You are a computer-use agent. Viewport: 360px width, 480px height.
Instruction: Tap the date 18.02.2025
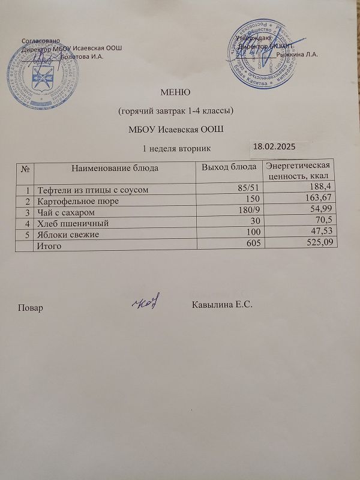point(274,146)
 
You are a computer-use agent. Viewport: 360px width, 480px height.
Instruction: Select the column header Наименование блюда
point(115,168)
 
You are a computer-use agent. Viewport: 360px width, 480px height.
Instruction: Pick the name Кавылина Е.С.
point(223,306)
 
